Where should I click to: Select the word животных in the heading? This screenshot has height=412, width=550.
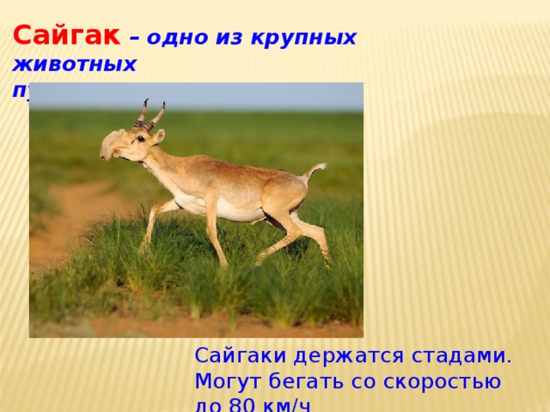pos(74,64)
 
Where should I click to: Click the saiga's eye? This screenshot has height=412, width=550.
pos(139,138)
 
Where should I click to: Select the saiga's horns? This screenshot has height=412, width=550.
pos(150,114)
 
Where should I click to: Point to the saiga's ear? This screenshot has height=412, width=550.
pos(161,136)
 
